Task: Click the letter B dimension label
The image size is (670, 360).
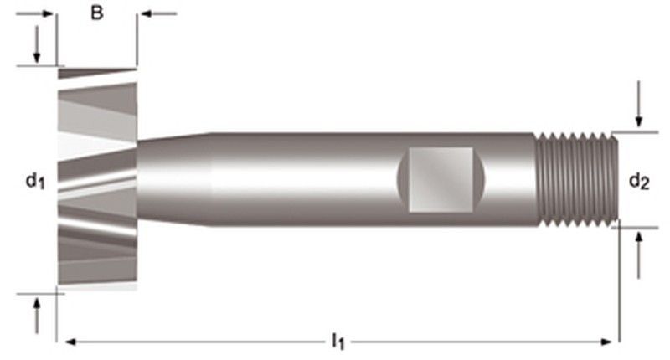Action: point(97,14)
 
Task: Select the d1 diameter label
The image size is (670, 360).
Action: point(33,179)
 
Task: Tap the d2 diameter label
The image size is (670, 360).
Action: point(639,179)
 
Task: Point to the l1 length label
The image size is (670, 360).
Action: point(338,341)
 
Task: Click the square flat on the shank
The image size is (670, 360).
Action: point(441,178)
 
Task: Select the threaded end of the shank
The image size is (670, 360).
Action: point(576,177)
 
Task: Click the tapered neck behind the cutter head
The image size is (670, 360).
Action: point(172,177)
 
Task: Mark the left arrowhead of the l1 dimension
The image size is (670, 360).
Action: point(70,341)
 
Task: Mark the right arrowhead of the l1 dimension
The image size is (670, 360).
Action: point(608,341)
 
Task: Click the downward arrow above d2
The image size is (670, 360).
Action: point(639,117)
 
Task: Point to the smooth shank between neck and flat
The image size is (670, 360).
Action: point(301,177)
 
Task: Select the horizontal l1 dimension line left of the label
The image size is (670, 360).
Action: point(201,341)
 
